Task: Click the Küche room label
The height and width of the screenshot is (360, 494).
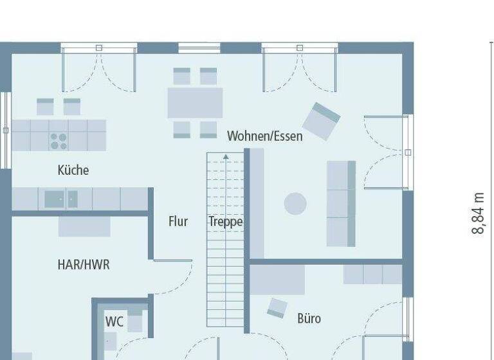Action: [73, 170]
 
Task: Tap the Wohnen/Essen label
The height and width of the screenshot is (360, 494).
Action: [264, 136]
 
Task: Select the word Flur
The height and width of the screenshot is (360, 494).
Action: [178, 222]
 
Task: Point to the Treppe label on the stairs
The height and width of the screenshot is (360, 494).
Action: [225, 222]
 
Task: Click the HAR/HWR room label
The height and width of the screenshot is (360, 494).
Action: [84, 264]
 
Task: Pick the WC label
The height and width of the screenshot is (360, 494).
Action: [114, 321]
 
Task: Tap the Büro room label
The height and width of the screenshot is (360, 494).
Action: [309, 318]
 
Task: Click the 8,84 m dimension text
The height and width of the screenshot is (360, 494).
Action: [478, 213]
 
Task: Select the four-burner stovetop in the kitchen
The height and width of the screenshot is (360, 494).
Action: [59, 141]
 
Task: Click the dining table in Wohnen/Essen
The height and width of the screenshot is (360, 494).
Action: [195, 103]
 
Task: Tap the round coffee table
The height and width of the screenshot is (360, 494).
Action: [295, 204]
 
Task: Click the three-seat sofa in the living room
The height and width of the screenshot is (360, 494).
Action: [341, 204]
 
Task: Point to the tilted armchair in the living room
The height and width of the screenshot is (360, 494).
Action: [322, 120]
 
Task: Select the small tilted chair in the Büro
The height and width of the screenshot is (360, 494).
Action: [277, 307]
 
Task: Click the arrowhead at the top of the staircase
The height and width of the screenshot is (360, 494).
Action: [226, 156]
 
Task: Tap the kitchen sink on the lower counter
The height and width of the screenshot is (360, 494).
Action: [55, 199]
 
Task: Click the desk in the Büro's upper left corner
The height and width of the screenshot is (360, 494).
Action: [277, 280]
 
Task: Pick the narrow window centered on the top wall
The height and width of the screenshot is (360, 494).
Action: [199, 47]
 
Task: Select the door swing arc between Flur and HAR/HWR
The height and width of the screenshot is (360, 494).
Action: [176, 280]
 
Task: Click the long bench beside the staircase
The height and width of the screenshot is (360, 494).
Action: [256, 203]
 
